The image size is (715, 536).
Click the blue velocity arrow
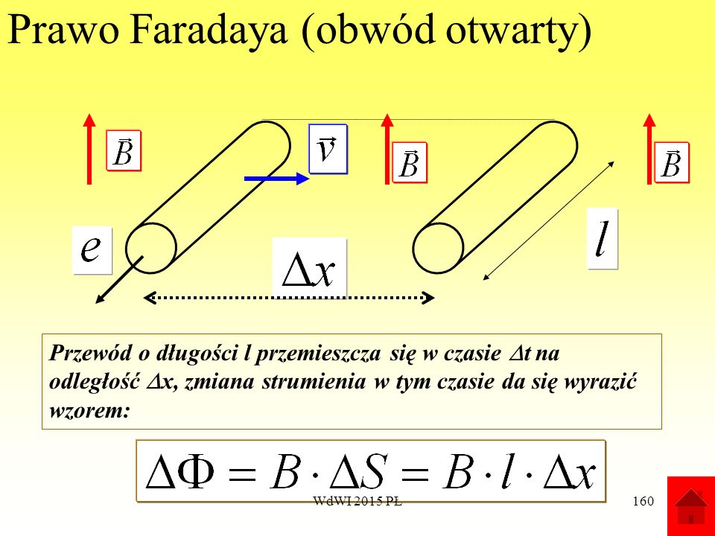click(277, 179)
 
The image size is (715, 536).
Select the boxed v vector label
click(328, 149)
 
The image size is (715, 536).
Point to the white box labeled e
click(92, 250)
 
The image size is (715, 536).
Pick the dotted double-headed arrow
click(289, 298)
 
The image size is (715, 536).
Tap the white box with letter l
click(602, 238)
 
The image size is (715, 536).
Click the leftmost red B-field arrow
click(89, 149)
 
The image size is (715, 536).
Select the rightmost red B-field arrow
click(649, 149)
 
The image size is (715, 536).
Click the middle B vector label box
click(410, 163)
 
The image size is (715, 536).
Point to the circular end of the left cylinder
click(151, 249)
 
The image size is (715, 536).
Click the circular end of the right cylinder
click(438, 249)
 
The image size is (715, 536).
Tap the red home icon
click(691, 506)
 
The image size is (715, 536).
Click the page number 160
click(643, 501)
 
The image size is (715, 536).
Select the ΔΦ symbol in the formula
click(180, 472)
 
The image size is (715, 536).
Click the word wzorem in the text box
click(89, 411)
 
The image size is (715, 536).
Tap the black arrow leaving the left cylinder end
click(119, 279)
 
